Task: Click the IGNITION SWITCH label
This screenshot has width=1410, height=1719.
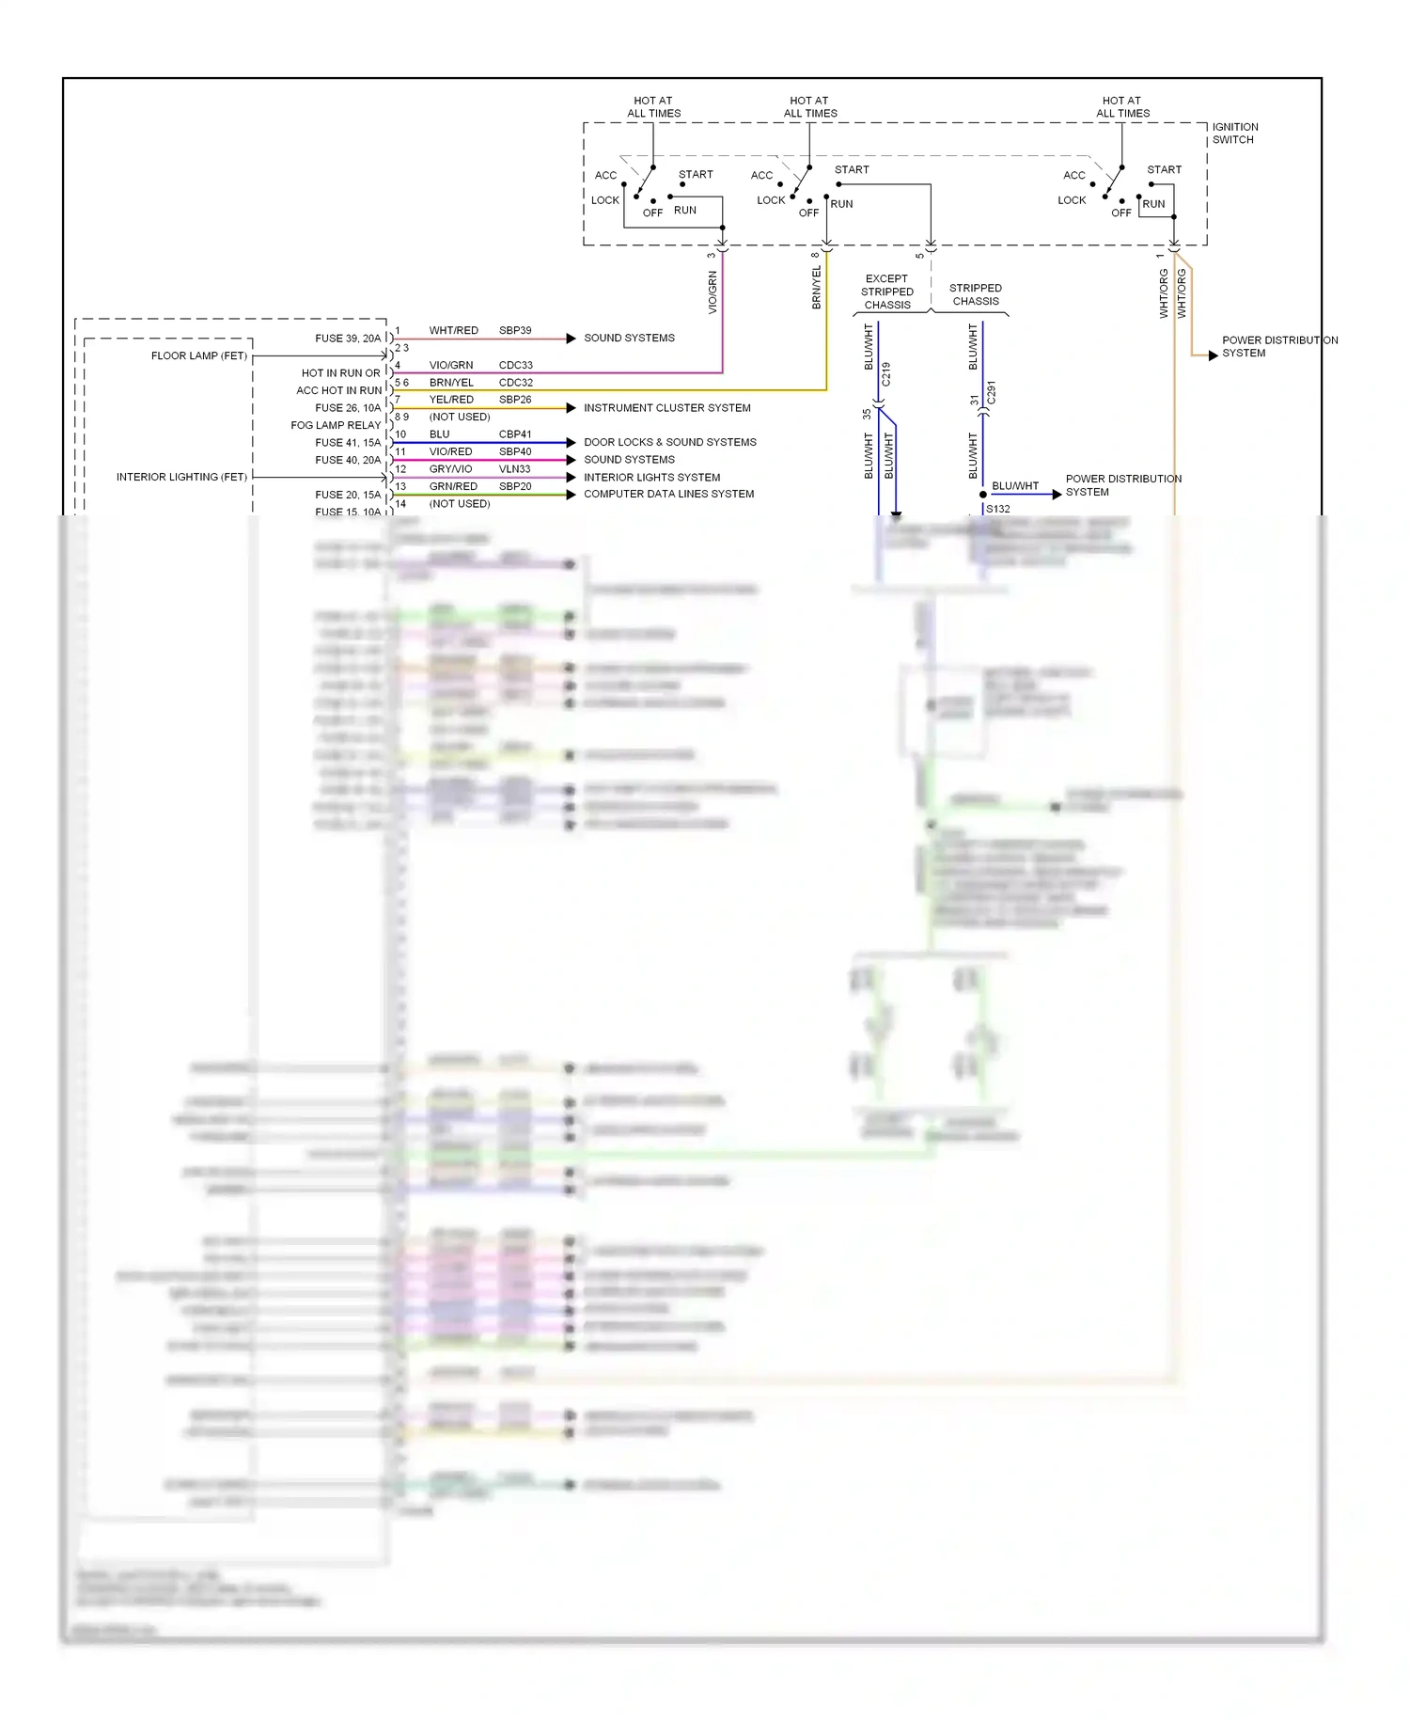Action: pos(1234,134)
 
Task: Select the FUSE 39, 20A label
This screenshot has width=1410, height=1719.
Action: pos(348,339)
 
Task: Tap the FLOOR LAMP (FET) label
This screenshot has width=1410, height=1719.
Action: pos(199,355)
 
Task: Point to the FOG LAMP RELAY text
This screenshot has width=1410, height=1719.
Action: pos(336,425)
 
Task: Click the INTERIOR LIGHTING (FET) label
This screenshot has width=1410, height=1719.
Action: pos(181,477)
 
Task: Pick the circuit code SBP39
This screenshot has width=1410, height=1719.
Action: pos(515,330)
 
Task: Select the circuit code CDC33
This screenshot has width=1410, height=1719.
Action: pos(515,365)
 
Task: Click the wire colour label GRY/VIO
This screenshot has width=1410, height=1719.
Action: pos(450,468)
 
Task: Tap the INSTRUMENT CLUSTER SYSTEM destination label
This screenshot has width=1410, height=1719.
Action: pos(666,408)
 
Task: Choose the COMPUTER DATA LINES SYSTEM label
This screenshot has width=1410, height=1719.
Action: pos(668,494)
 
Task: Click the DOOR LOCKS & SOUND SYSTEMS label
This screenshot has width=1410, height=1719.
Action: pos(669,442)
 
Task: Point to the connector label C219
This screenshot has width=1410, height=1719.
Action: pos(885,374)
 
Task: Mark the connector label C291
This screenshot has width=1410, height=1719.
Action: pos(991,393)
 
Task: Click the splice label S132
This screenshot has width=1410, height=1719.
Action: pos(997,509)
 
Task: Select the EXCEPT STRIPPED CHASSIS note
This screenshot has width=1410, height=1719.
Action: pos(887,292)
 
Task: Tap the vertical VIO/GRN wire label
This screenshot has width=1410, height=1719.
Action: pos(713,292)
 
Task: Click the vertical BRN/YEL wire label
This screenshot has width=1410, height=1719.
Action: pos(816,287)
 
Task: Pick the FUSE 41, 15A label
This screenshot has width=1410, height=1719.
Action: pos(348,442)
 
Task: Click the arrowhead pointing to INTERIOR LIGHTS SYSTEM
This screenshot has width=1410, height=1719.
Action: pos(571,478)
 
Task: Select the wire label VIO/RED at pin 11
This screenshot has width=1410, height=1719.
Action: pos(450,451)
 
